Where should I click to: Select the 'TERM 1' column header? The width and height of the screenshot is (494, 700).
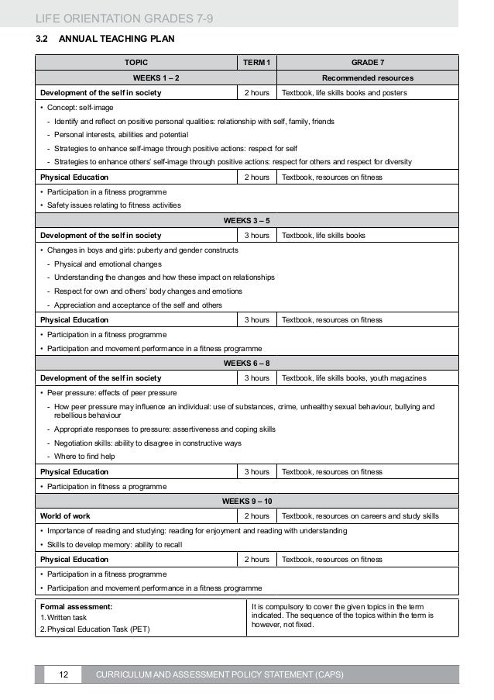click(x=257, y=64)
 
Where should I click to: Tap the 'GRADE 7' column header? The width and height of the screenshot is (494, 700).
click(x=368, y=64)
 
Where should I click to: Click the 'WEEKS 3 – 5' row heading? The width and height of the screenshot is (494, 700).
click(x=247, y=221)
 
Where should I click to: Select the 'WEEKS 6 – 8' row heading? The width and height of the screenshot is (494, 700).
click(x=247, y=363)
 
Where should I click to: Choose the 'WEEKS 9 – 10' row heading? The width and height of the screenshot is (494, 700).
click(x=247, y=501)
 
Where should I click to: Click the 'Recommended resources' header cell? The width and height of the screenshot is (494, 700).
click(x=368, y=78)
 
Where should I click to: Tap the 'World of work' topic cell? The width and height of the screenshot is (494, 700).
click(x=65, y=516)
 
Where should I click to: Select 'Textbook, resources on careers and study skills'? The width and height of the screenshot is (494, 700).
click(x=361, y=516)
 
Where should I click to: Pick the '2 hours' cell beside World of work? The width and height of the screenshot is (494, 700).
click(x=257, y=516)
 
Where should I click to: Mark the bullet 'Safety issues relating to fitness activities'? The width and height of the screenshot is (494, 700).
click(x=113, y=205)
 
